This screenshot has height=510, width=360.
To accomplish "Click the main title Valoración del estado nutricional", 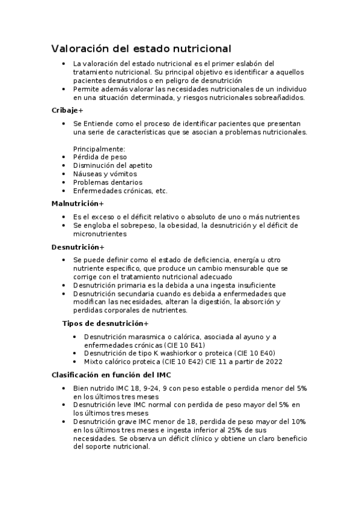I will pyautogui.click(x=141, y=48).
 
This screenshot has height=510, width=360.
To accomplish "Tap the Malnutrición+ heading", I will pyautogui.click(x=78, y=204).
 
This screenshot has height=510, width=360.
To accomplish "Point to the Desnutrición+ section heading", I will pyautogui.click(x=78, y=247).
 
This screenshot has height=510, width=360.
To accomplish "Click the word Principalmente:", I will pyautogui.click(x=99, y=149).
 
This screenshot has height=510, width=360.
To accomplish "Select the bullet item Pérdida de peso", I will pyautogui.click(x=100, y=157).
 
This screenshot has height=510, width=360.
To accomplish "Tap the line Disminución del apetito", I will pyautogui.click(x=112, y=165).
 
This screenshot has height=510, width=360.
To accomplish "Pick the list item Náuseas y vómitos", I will pyautogui.click(x=105, y=174).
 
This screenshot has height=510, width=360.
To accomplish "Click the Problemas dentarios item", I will pyautogui.click(x=108, y=182).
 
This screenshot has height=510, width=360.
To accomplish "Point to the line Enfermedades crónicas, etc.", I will pyautogui.click(x=120, y=191).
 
